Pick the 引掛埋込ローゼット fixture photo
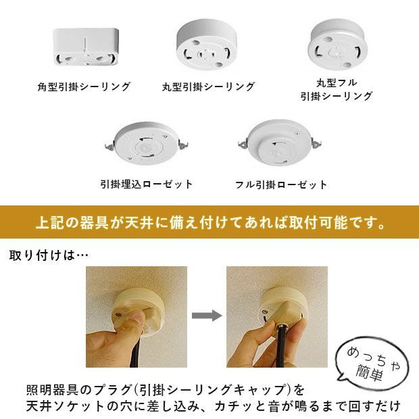(x=147, y=144)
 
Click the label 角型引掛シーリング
(x=84, y=87)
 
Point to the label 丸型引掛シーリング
(x=208, y=87)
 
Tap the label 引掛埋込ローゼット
(x=146, y=184)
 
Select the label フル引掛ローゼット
(x=281, y=184)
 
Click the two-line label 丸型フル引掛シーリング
(x=337, y=89)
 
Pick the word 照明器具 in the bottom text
(x=47, y=391)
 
